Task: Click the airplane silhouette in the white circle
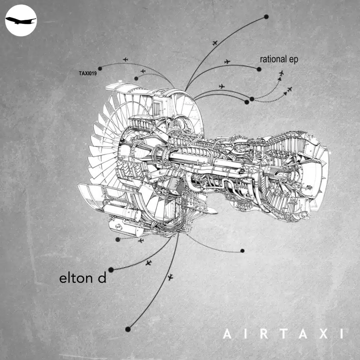coord(20,20)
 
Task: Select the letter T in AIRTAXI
coord(282,334)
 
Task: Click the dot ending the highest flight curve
coord(266,17)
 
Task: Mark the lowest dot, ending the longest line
coord(128,329)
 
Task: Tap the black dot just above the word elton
coord(111,270)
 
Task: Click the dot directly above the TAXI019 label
coord(100,68)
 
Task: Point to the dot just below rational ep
coord(259,69)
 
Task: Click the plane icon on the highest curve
coord(215,43)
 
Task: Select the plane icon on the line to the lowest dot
coord(171,278)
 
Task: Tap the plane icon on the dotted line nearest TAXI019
coord(126,59)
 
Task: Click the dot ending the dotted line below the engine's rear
coord(242,251)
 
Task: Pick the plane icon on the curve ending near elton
coord(148,263)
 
